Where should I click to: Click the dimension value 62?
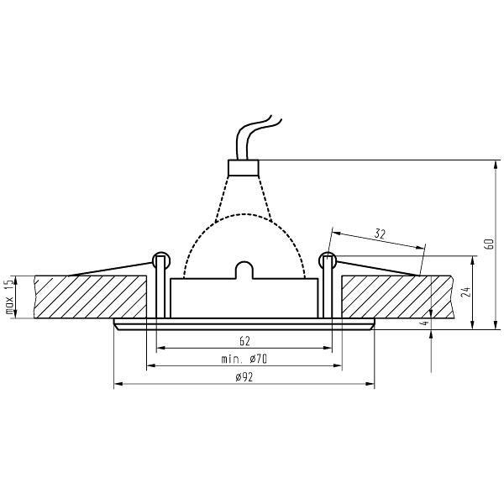pos(244,341)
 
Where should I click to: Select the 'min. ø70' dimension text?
pos(244,359)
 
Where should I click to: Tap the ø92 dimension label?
pos(244,377)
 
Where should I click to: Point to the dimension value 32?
pos(380,234)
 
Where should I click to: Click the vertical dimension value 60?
pos(488,244)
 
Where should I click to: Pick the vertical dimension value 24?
pos(465,292)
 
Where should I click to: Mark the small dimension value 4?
pos(425,321)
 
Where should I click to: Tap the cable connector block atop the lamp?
pos(244,167)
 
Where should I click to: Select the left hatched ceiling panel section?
pos(92,297)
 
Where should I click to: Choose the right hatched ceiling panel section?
pos(395,297)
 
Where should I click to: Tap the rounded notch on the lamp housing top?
pos(244,269)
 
